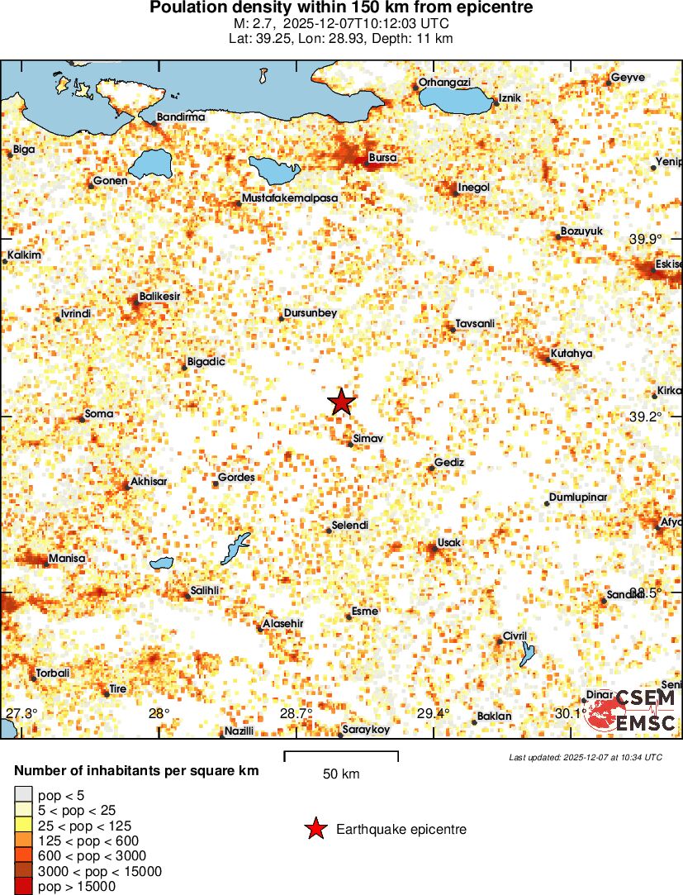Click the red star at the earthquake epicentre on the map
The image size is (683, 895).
tap(341, 402)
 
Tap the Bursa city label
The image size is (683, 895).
tap(382, 157)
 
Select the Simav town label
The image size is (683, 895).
tap(368, 438)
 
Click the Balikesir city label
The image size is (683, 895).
tap(160, 296)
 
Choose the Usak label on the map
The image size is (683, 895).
tap(451, 542)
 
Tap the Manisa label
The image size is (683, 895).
tap(67, 559)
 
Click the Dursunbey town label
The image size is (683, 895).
tap(310, 313)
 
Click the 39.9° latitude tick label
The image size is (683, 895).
tap(645, 239)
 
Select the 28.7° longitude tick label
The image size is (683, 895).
tap(296, 713)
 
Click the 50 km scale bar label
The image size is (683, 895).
tap(341, 774)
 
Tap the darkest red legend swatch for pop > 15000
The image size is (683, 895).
tap(21, 885)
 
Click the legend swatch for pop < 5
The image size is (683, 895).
tap(21, 795)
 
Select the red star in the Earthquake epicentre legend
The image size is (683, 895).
tap(315, 829)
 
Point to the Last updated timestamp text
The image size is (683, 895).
tap(585, 757)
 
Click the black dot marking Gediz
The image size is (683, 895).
tap(431, 469)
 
